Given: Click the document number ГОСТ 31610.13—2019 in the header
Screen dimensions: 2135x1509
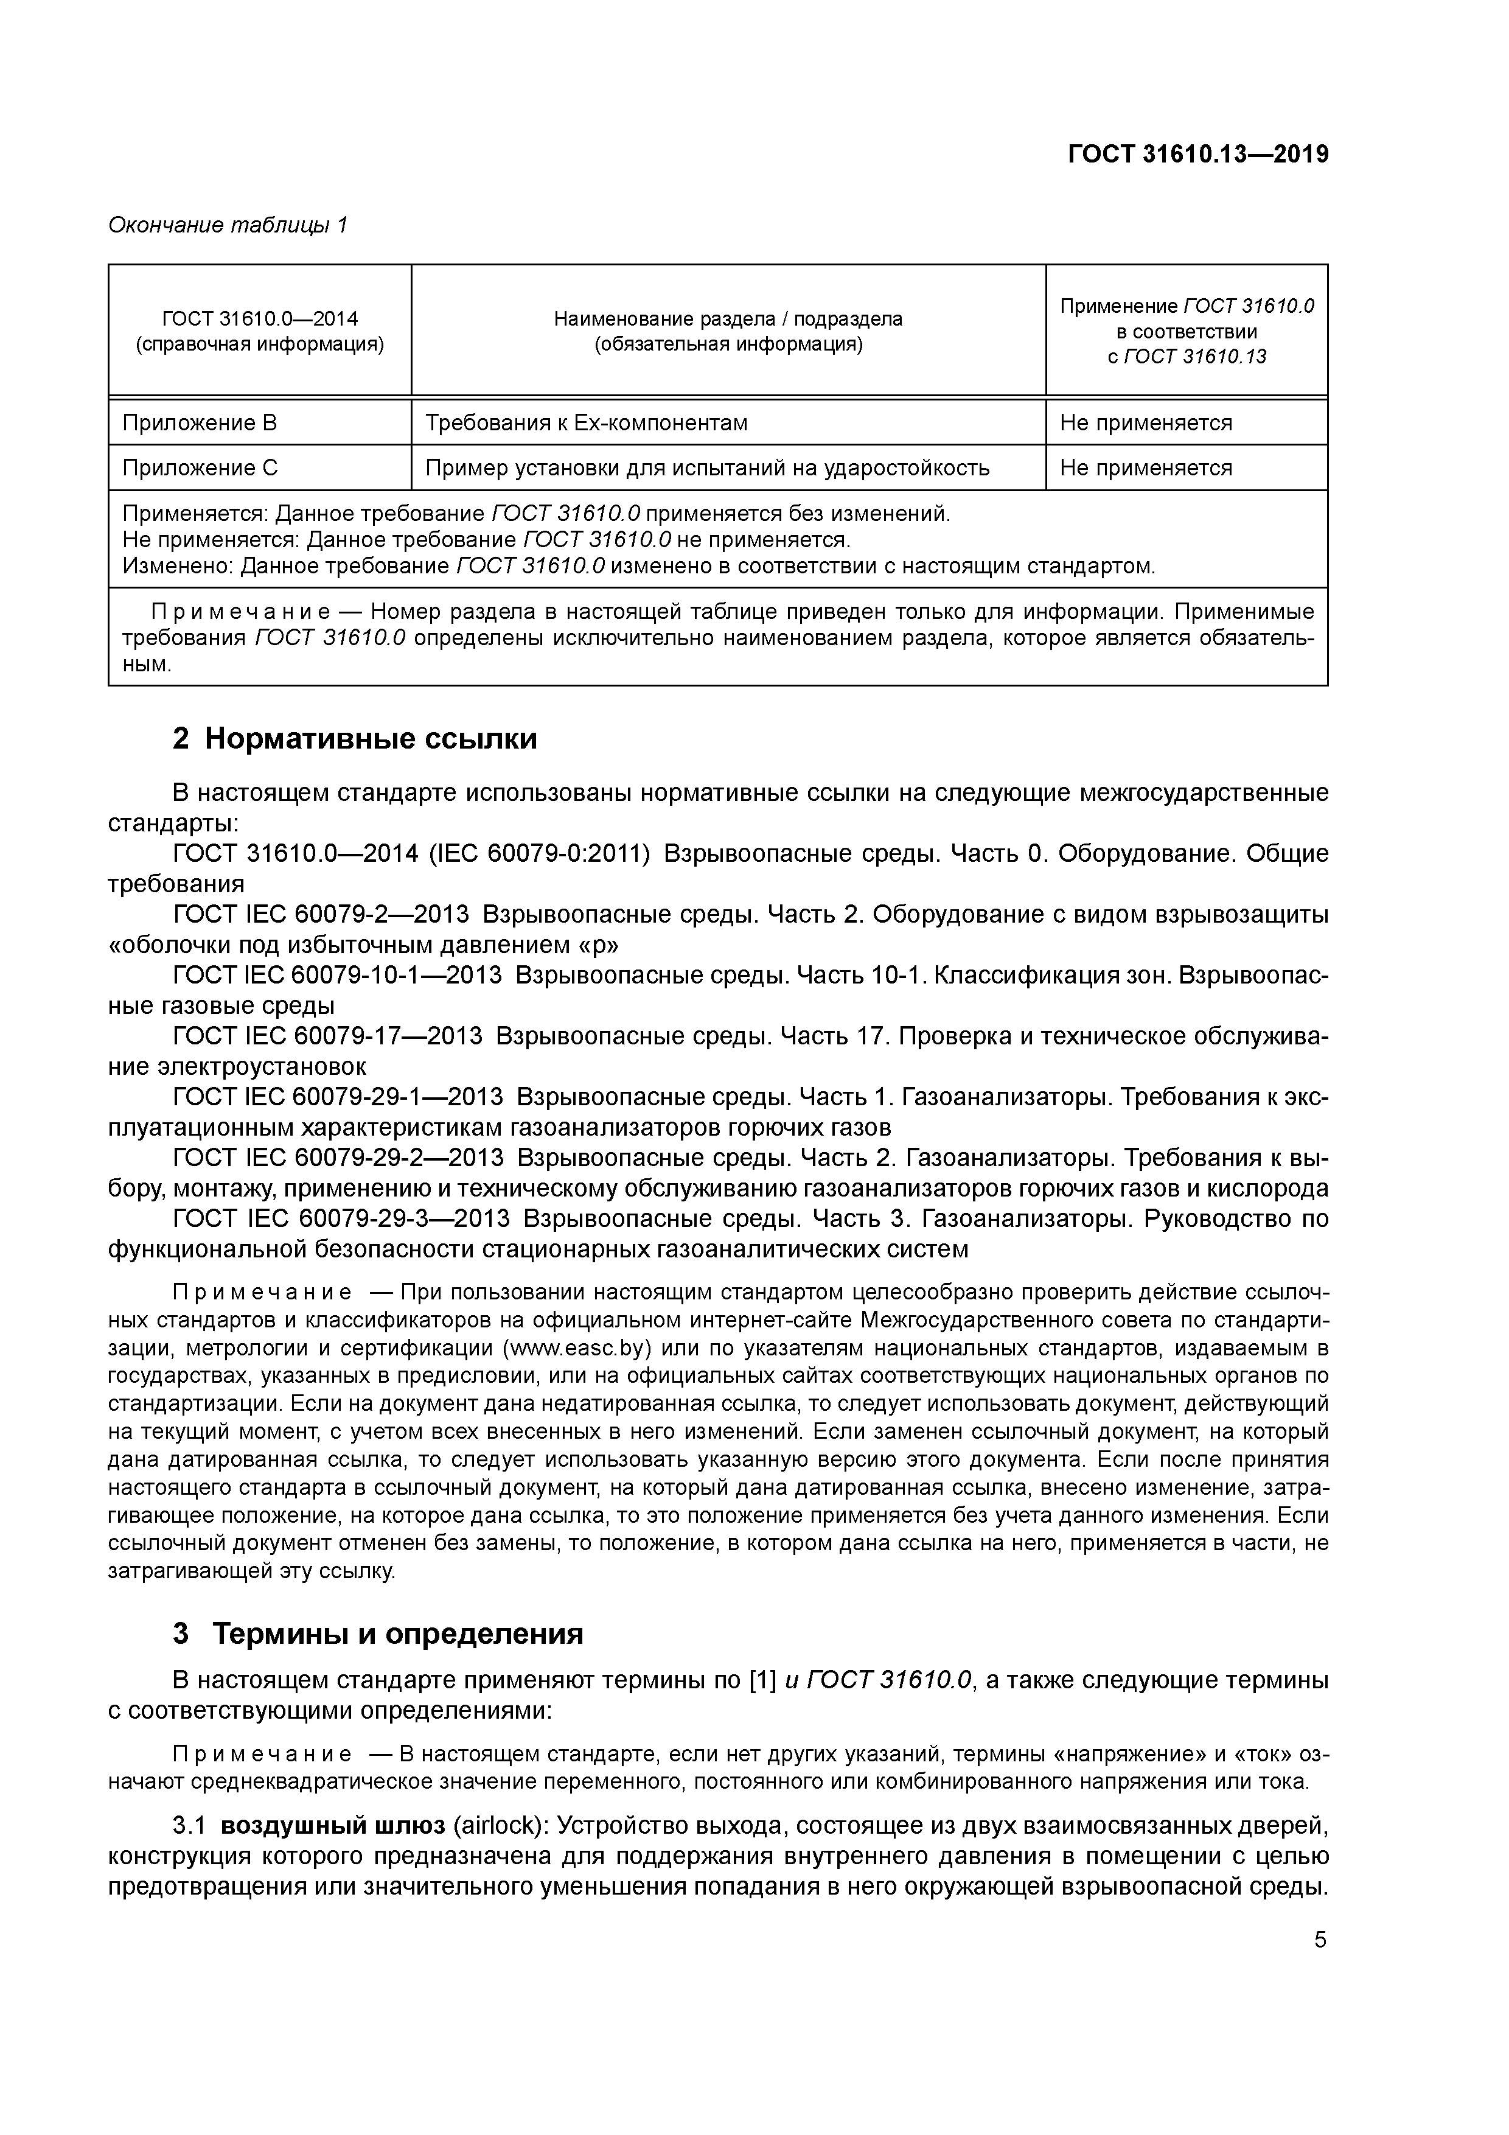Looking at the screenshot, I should click(x=1197, y=155).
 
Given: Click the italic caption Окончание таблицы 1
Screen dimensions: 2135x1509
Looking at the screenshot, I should click(x=228, y=225).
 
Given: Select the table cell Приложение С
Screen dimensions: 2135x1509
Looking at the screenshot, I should click(x=201, y=468).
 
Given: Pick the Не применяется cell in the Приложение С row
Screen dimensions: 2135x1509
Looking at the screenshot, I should click(x=1146, y=468).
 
